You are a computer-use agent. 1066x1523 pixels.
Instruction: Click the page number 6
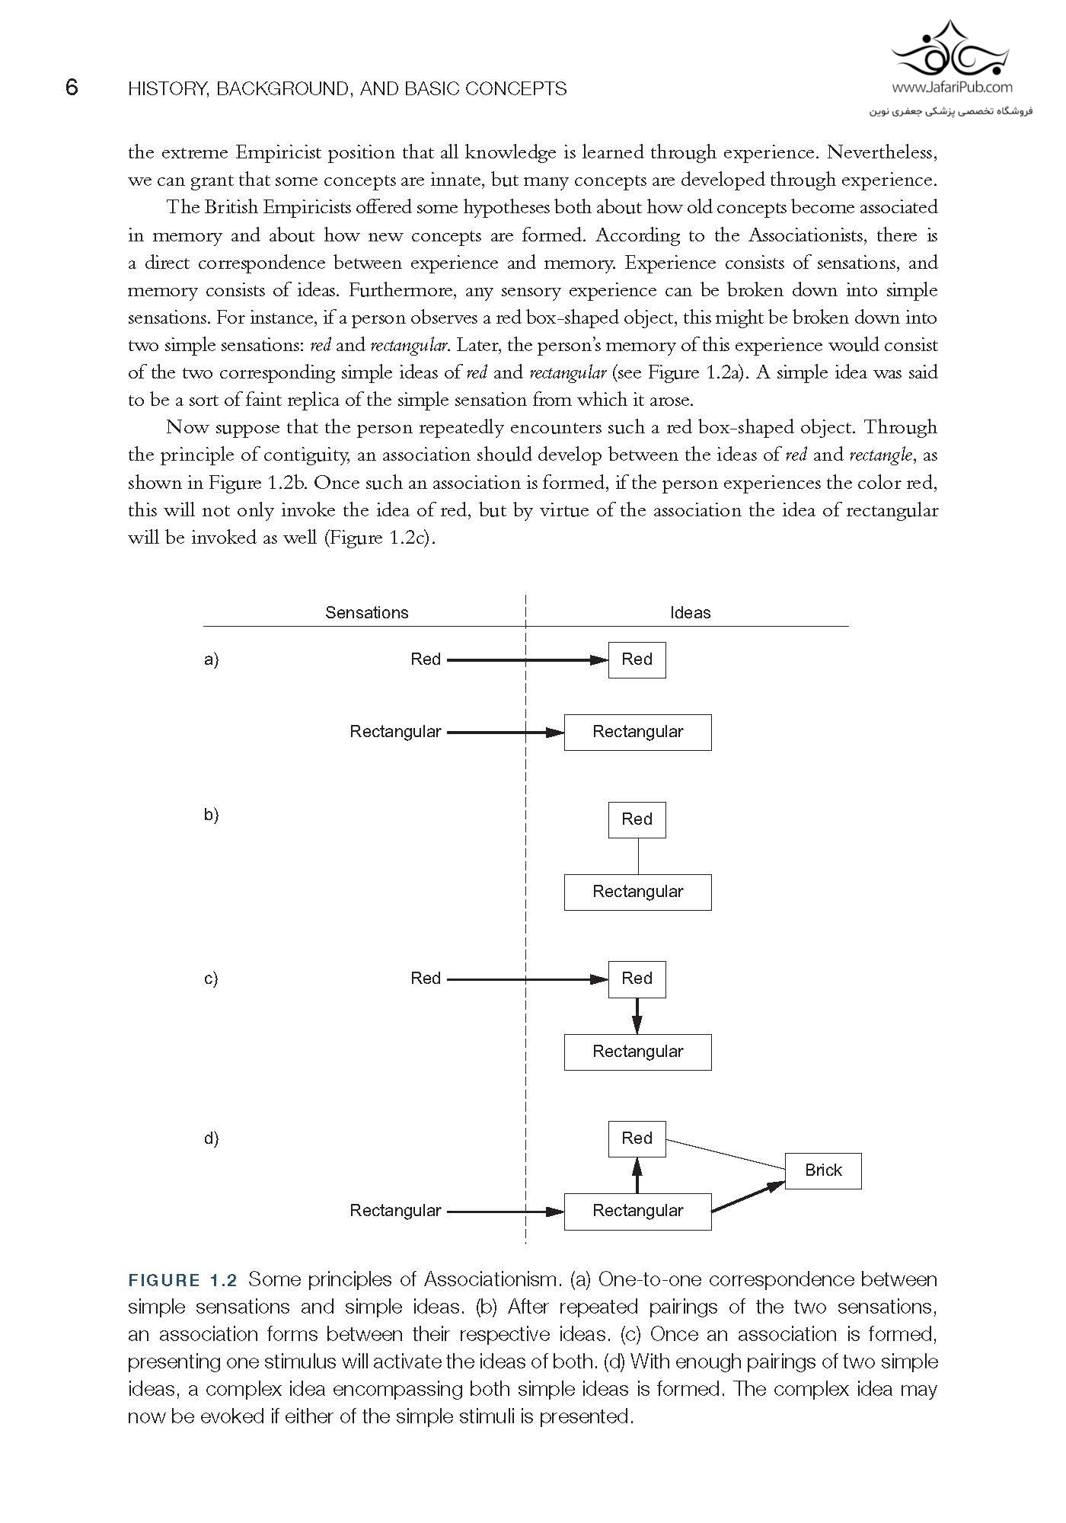[72, 88]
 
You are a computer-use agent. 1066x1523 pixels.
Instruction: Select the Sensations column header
[366, 612]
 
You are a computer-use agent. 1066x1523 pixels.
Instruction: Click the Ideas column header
[690, 612]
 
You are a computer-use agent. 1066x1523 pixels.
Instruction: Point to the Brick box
[823, 1170]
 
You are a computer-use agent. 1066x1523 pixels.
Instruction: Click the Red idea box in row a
[637, 659]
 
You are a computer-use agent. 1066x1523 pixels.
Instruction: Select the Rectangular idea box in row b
[637, 892]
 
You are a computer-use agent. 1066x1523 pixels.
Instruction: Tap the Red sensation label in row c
[425, 979]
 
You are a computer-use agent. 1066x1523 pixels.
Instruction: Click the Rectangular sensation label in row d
[395, 1210]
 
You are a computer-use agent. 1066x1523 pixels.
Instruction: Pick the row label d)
[211, 1138]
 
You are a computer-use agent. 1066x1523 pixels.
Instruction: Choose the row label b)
[211, 815]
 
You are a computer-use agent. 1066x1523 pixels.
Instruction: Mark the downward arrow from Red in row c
[637, 1016]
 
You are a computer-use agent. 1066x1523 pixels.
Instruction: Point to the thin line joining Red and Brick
[725, 1154]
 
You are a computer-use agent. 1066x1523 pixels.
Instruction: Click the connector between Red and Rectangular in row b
[637, 856]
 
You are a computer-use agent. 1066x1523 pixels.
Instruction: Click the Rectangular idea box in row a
[637, 733]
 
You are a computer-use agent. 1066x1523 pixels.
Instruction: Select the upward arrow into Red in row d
[637, 1174]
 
